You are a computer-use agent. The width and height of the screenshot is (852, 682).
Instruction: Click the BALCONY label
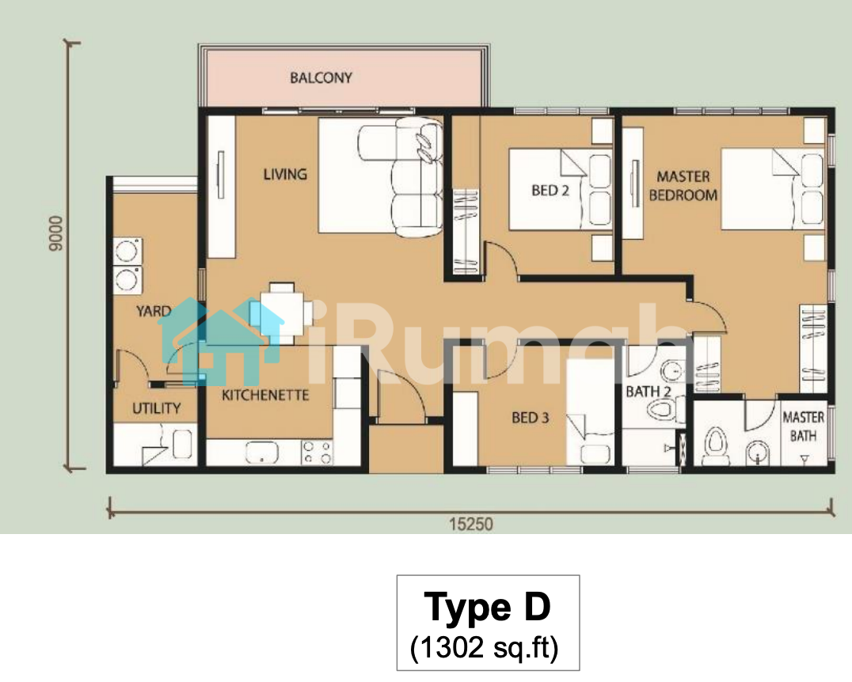coord(321,78)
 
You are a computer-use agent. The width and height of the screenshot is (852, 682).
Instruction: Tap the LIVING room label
coord(285,174)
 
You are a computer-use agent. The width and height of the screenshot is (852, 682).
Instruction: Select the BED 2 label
coord(550,191)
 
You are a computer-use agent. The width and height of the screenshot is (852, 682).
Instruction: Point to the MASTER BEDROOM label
coord(683,186)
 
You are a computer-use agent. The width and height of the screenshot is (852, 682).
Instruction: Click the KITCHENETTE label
coord(265,395)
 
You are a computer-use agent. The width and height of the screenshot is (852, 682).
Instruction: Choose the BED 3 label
coord(531,418)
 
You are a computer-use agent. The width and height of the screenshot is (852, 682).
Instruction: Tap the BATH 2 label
coord(649,392)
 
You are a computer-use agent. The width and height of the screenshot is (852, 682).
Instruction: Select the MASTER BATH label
coord(803,426)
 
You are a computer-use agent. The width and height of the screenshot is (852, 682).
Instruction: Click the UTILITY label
coord(157,408)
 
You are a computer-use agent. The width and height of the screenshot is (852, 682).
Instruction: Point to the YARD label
coord(154,311)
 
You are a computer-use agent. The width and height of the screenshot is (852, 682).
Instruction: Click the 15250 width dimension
coord(471,524)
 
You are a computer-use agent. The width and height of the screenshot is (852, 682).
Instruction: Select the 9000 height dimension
coord(56,233)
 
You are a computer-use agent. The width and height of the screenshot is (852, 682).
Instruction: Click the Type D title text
coord(488,607)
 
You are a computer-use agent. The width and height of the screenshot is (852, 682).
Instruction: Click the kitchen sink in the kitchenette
coord(262,453)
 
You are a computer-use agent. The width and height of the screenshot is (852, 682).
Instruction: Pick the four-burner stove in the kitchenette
coord(318,453)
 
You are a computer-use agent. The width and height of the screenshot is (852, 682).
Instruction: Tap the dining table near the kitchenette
coord(281,313)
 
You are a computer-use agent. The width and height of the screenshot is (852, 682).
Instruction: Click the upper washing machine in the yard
coord(127,252)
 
